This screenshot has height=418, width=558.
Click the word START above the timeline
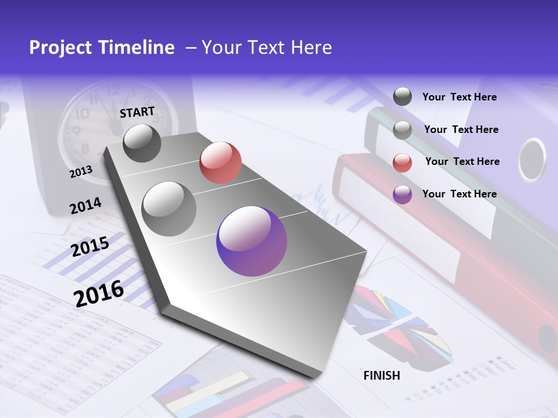(137, 112)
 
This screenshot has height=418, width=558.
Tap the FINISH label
(382, 376)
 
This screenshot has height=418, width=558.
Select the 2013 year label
(81, 172)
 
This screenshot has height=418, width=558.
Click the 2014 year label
(85, 206)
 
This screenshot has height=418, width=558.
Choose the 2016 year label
(99, 293)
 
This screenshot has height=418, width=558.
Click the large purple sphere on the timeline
(252, 241)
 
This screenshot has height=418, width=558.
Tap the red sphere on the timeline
(220, 163)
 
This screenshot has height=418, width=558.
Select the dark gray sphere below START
(142, 143)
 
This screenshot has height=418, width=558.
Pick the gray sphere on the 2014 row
(169, 208)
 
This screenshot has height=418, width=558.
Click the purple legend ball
(402, 194)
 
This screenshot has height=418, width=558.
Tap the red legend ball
(402, 163)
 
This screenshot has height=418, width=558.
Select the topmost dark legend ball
(402, 97)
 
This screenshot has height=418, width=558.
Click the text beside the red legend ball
(462, 161)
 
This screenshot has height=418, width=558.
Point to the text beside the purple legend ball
(459, 194)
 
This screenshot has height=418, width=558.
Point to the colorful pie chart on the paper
(395, 325)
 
